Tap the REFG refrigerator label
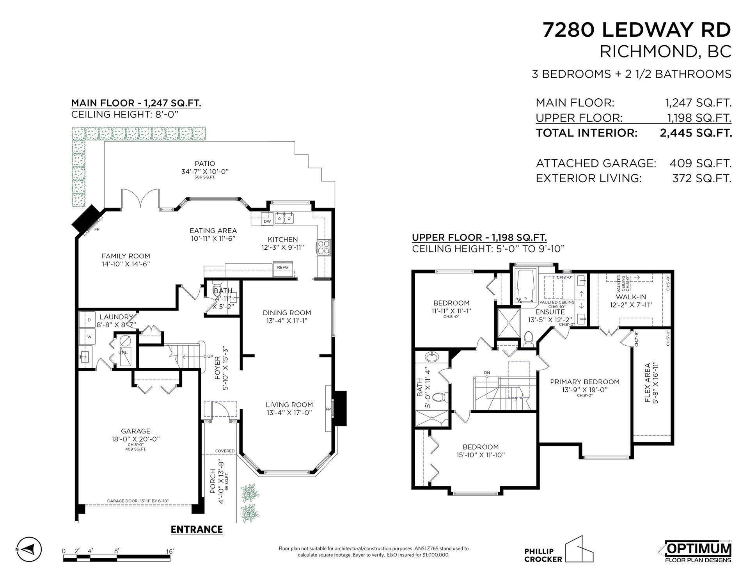click(282, 267)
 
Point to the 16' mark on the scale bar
click(170, 551)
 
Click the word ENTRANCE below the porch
click(197, 529)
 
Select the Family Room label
click(126, 256)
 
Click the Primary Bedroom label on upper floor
click(585, 382)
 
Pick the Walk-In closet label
click(631, 297)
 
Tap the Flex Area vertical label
click(647, 383)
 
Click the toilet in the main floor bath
click(217, 290)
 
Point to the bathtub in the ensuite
click(525, 286)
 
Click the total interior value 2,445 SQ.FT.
click(696, 133)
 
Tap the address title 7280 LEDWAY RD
click(637, 30)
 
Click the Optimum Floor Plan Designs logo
click(698, 551)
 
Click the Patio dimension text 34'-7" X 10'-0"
click(205, 172)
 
